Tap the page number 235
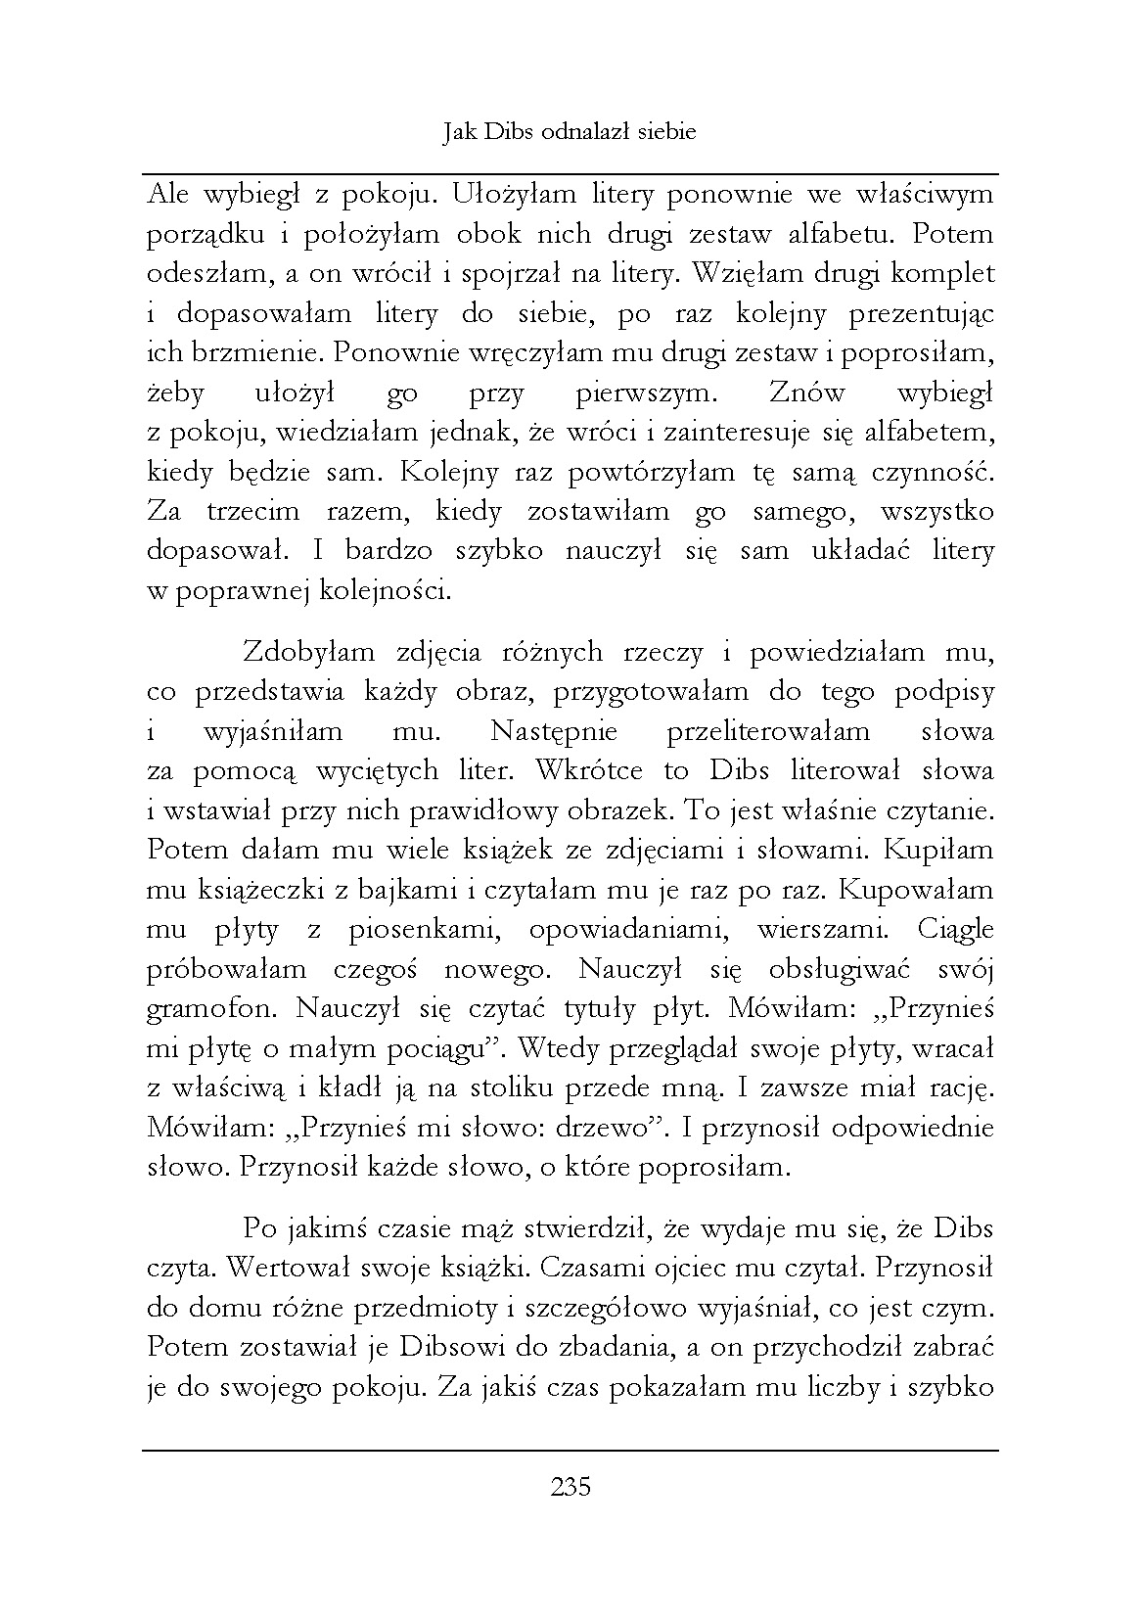[570, 1488]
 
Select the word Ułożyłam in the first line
[512, 195]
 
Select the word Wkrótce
[589, 770]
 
